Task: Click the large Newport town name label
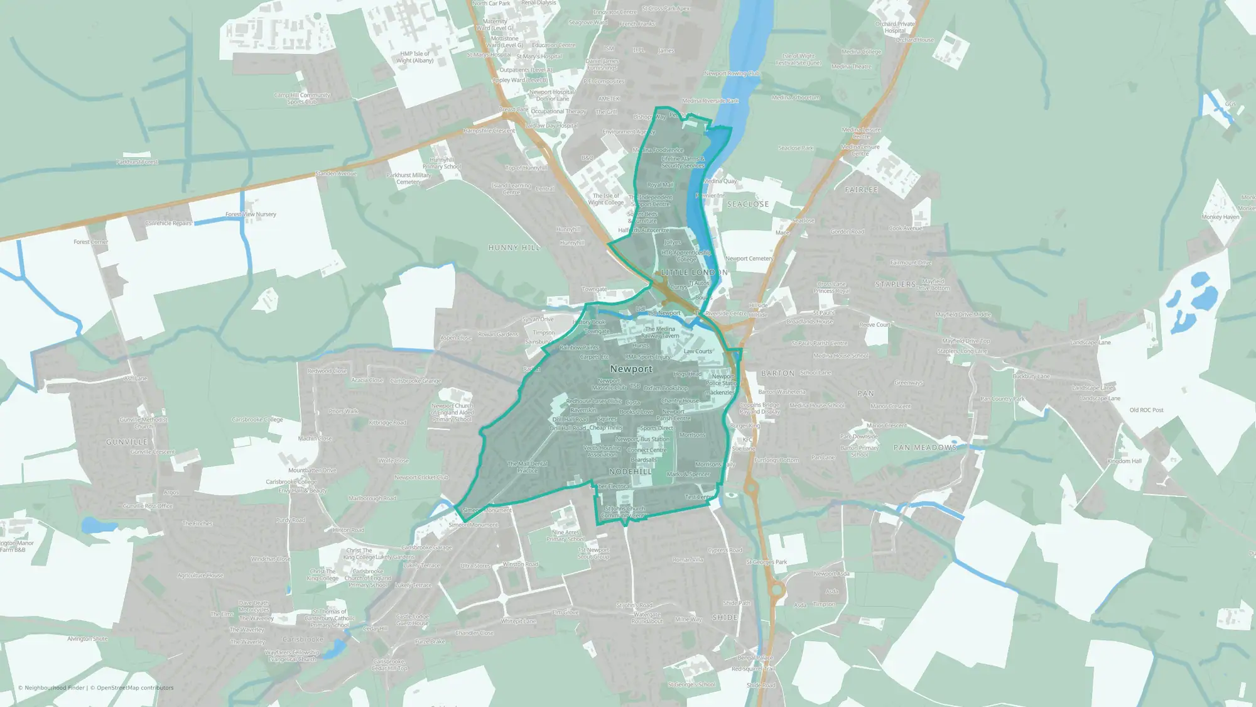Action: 631,369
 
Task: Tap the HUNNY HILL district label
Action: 514,248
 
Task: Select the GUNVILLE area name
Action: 127,442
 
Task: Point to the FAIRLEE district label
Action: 862,189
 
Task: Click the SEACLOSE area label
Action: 747,204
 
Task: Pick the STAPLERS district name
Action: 896,284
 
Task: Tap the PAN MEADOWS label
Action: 925,447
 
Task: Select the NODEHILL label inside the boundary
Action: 631,471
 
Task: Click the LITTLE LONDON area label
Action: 694,272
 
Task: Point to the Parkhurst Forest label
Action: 137,162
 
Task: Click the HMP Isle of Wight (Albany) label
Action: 415,57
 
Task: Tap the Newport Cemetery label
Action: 749,258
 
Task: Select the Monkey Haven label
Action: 1220,217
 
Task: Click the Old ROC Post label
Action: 1146,410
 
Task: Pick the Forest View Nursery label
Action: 251,214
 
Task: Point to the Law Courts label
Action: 698,351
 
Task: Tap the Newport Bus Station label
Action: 642,439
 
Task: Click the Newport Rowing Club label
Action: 732,74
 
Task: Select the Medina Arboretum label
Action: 796,97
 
